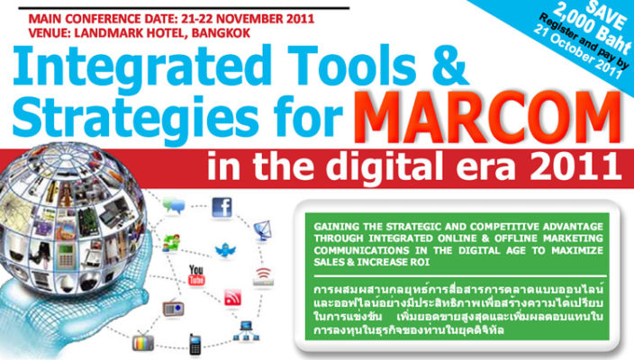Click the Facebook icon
pyautogui.click(x=222, y=207)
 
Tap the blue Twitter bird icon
pyautogui.click(x=225, y=250)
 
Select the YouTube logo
pyautogui.click(x=196, y=274)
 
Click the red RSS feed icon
pyautogui.click(x=233, y=298)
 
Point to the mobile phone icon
pyautogui.click(x=195, y=344)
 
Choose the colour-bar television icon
pyautogui.click(x=143, y=342)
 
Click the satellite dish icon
pyautogui.click(x=262, y=230)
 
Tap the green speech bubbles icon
pyautogui.click(x=174, y=206)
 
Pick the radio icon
pyautogui.click(x=174, y=309)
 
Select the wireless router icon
pyautogui.click(x=263, y=277)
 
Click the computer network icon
pyautogui.click(x=246, y=330)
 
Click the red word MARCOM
pyautogui.click(x=487, y=117)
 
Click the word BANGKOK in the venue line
pyautogui.click(x=221, y=33)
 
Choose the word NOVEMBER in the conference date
pyautogui.click(x=252, y=19)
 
